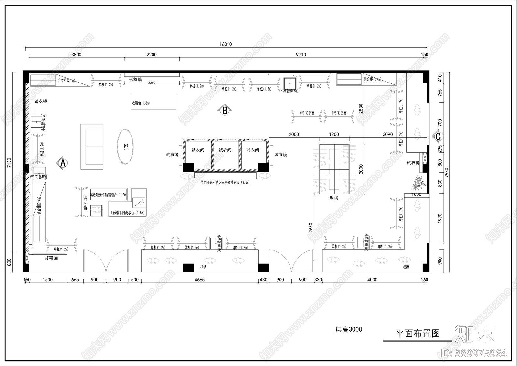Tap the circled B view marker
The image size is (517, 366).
[225, 111]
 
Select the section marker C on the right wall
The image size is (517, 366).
[438, 137]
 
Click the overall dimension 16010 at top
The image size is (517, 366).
[226, 44]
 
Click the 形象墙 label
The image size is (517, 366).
[135, 79]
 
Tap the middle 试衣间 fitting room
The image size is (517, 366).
[225, 150]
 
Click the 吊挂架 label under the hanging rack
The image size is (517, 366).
[334, 198]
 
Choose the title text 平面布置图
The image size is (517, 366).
[418, 334]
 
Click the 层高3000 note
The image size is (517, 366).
[349, 330]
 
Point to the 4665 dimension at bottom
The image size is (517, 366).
[199, 280]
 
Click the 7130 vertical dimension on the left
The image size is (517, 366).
[9, 163]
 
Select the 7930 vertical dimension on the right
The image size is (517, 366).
[447, 172]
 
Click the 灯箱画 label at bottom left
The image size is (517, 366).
[51, 258]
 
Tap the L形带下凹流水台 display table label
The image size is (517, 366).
[128, 213]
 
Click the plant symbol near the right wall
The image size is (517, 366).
[419, 183]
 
